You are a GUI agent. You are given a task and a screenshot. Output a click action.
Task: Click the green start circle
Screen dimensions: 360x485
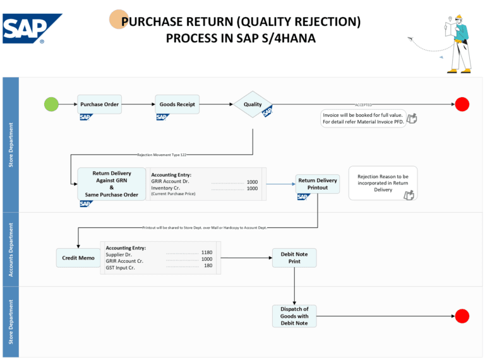point(51,104)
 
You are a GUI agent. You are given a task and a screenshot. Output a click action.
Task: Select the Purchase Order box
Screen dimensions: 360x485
point(100,104)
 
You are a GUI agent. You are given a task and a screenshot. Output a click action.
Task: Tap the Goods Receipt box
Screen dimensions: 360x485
point(177,104)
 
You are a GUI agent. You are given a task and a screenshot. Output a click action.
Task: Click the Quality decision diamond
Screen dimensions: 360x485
point(253,104)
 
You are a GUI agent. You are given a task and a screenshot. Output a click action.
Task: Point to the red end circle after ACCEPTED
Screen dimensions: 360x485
point(462,104)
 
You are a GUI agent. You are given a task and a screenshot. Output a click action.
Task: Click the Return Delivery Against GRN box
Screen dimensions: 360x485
point(111,184)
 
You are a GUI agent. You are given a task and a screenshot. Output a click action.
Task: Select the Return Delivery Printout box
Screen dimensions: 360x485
point(318,184)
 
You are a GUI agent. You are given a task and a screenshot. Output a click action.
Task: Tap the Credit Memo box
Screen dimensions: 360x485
point(78,258)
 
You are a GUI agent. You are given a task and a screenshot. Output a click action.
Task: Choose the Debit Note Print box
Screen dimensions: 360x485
point(294,258)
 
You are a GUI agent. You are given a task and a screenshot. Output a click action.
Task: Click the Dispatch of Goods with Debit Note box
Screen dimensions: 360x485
point(294,316)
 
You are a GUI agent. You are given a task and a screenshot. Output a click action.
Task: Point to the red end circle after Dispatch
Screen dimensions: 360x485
point(462,316)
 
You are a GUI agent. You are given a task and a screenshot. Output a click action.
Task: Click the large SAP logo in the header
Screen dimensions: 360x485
point(32,28)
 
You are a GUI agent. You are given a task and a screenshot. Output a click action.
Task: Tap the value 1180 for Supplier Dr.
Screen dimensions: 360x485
point(207,252)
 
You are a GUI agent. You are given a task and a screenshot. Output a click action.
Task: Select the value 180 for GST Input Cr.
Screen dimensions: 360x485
point(208,266)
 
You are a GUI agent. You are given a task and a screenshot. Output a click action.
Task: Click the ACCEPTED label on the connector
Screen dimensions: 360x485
point(363,105)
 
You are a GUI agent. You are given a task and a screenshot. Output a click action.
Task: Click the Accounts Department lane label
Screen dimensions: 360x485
point(11,249)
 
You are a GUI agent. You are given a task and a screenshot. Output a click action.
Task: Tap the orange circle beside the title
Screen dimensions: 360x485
point(119,20)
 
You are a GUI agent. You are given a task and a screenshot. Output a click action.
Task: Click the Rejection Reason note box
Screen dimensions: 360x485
point(383,183)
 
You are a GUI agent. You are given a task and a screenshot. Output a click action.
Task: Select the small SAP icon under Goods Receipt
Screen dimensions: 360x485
point(162,117)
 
